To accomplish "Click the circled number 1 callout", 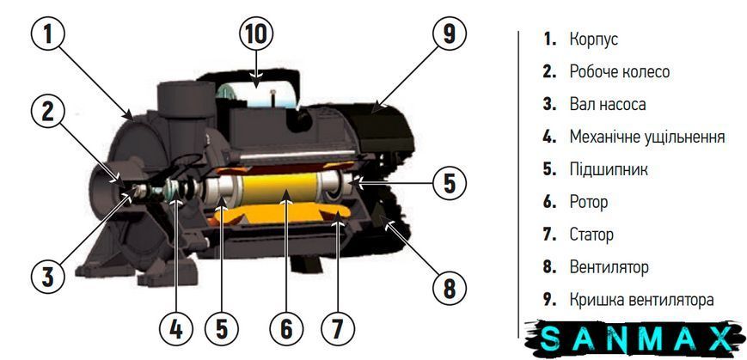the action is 47,34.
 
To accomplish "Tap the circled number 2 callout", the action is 47,113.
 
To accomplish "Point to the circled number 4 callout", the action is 175,328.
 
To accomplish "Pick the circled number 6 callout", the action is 286,328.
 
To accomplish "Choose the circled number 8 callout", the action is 450,288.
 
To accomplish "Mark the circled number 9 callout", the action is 450,34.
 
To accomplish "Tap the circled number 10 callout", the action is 256,34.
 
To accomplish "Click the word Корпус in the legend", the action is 594,40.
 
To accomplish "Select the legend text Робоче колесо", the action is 619,71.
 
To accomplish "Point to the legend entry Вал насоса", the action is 608,104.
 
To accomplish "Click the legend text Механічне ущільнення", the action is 647,137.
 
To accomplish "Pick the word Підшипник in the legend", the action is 609,169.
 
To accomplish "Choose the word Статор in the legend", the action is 591,235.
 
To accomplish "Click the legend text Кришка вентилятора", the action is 642,300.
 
